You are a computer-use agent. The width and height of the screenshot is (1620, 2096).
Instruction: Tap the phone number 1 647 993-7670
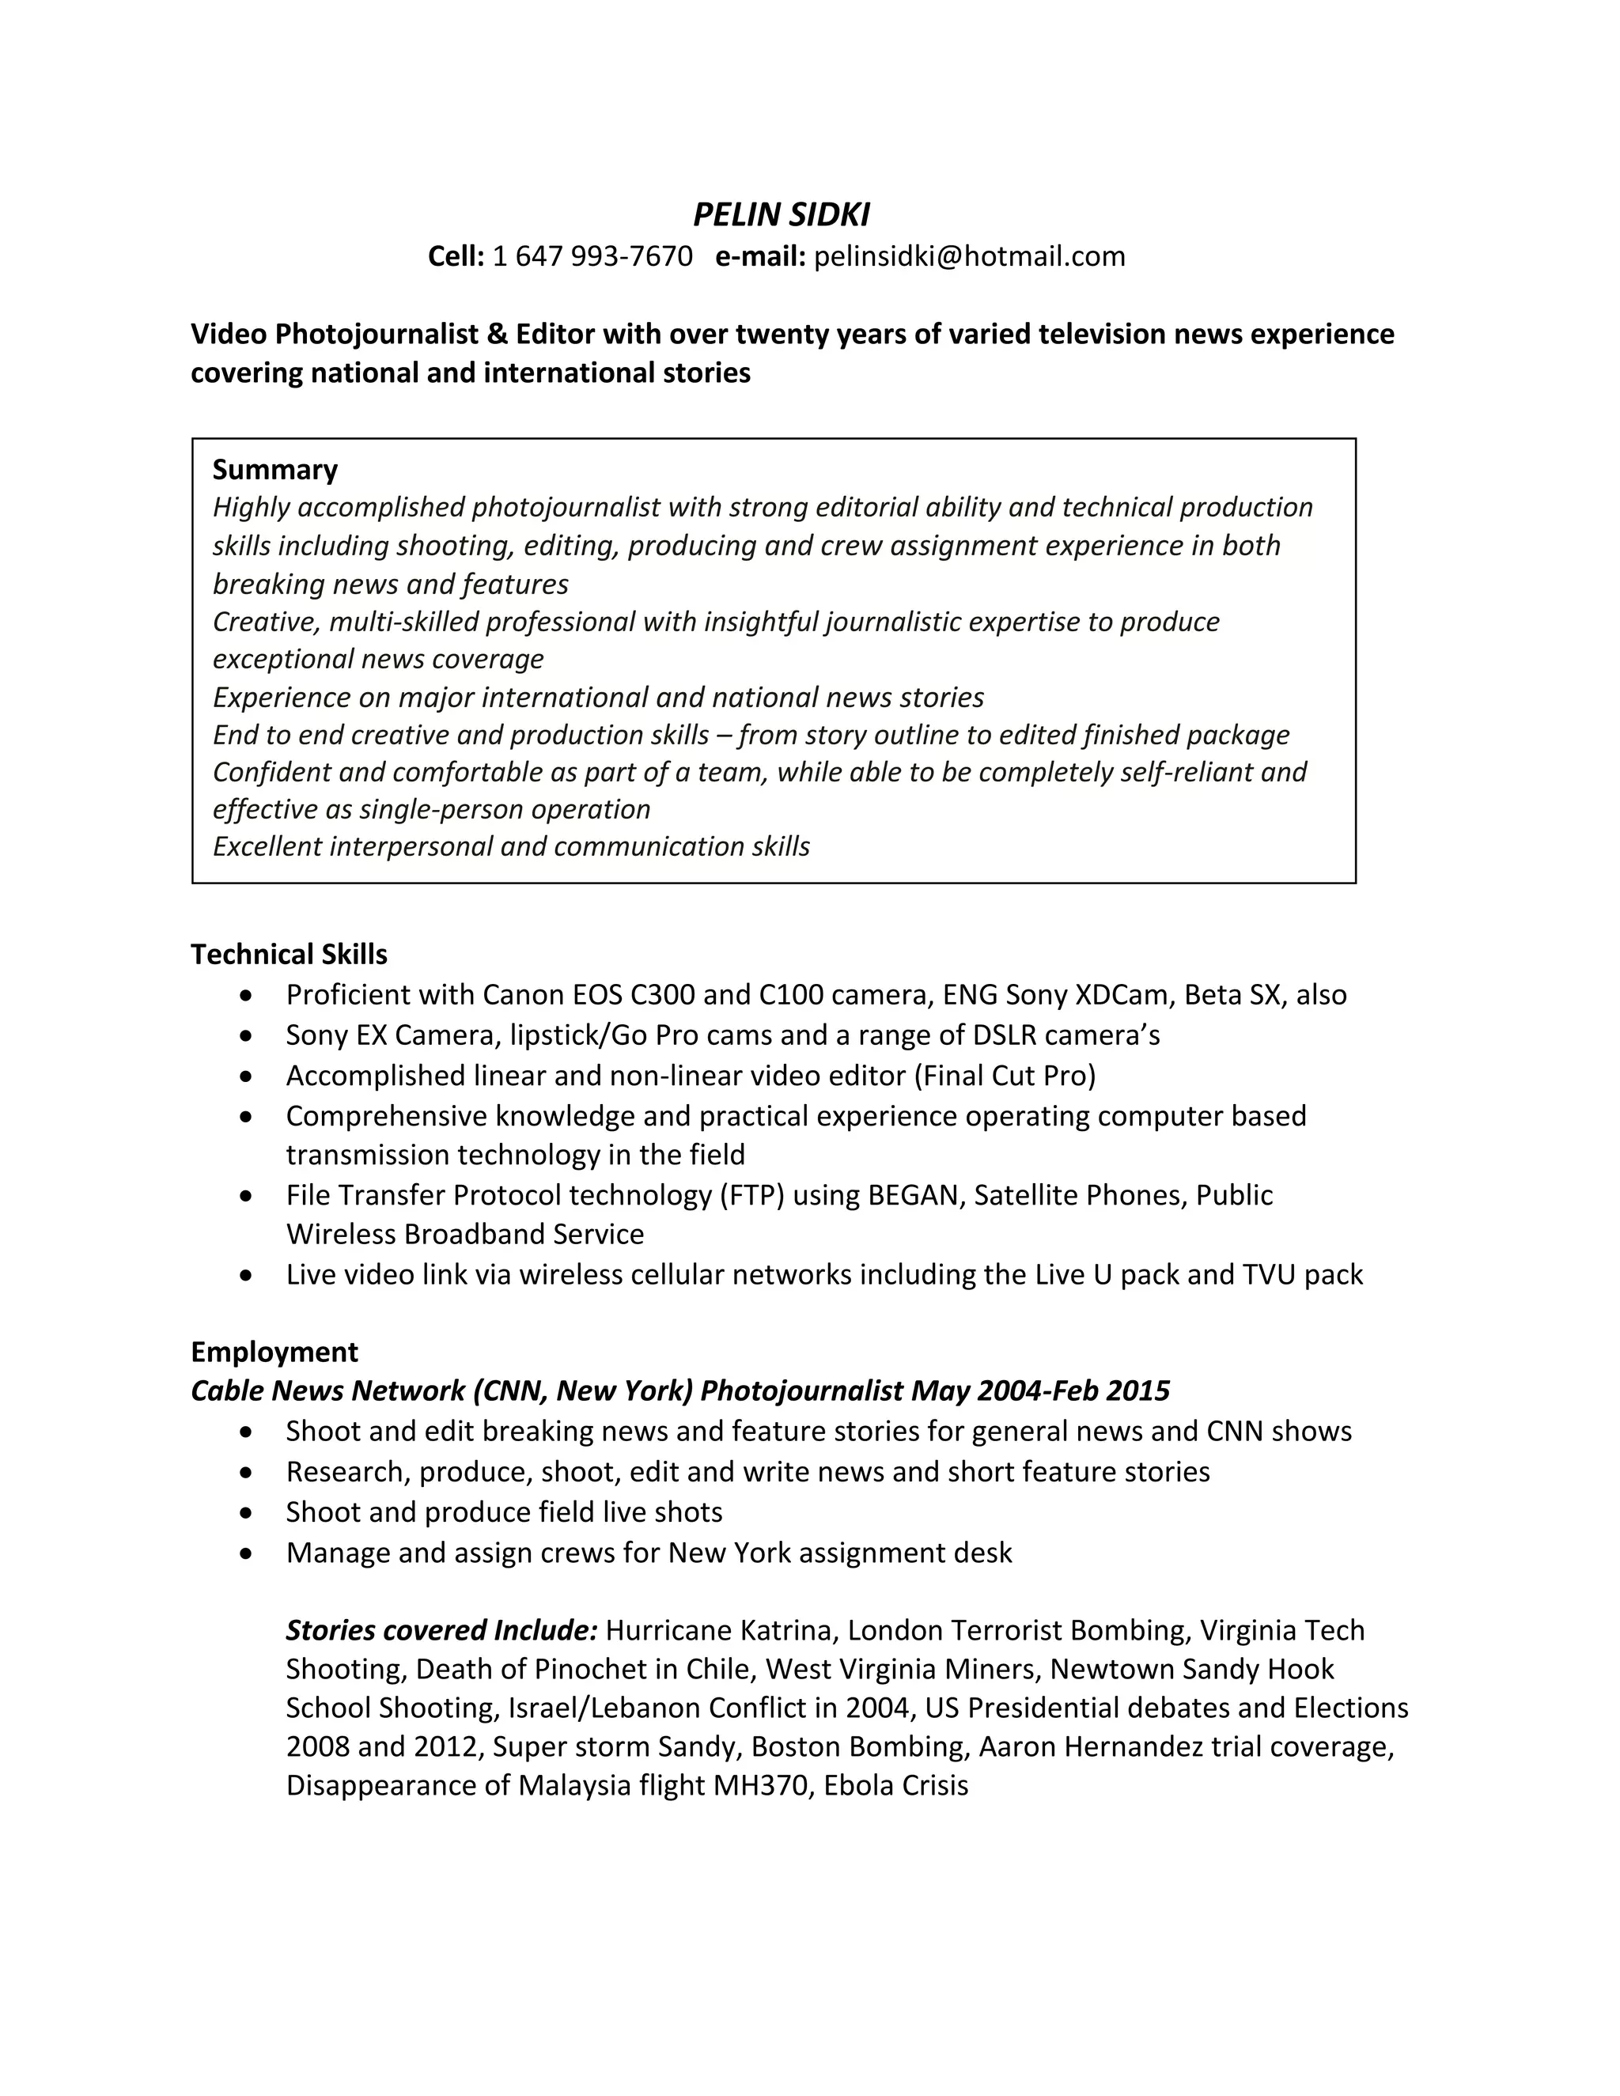(x=592, y=256)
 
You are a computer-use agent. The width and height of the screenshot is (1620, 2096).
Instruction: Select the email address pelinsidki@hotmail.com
(x=969, y=256)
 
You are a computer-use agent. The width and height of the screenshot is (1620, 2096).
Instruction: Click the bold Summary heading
(x=274, y=469)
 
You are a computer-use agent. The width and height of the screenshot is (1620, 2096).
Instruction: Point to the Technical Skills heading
(x=289, y=954)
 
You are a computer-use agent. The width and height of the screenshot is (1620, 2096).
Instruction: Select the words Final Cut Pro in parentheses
(x=1004, y=1075)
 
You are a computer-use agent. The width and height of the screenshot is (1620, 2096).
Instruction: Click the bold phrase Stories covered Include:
(x=442, y=1631)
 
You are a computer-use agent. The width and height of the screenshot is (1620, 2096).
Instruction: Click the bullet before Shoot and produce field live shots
(x=248, y=1513)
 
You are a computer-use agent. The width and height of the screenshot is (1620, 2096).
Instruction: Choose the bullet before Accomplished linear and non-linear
(x=248, y=1076)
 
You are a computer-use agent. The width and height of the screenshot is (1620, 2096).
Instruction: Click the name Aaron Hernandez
(x=1090, y=1746)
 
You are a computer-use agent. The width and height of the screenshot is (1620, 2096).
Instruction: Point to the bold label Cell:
(x=456, y=256)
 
